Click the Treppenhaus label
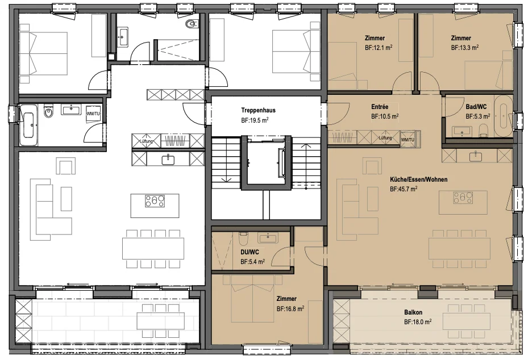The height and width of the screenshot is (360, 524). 259,110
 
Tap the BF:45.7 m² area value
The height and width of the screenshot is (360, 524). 404,189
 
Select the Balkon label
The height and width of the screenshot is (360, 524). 413,312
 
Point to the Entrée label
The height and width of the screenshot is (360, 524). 380,107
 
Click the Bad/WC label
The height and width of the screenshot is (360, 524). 476,107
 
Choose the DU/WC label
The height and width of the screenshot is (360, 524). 249,253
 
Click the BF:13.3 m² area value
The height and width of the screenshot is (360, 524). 465,48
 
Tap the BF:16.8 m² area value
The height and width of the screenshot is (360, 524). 290,309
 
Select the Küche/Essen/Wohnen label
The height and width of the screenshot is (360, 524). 418,179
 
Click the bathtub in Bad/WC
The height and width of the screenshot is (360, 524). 503,116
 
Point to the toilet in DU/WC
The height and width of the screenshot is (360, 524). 243,239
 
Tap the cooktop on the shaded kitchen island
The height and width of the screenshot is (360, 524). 463,198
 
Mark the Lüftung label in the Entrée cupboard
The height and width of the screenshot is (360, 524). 385,137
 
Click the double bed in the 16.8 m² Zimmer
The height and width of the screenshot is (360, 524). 253,299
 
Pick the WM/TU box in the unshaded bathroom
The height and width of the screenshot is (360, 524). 93,114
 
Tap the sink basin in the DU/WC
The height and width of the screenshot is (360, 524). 267,238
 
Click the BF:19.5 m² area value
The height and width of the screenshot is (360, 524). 255,120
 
